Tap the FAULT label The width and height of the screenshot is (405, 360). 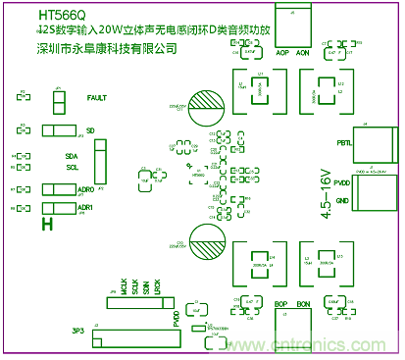pos(97,98)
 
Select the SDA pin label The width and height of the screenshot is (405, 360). pos(72,156)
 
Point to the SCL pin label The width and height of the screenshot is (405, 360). pos(72,167)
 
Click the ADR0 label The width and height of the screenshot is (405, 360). pos(85,188)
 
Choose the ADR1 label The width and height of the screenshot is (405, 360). pos(85,208)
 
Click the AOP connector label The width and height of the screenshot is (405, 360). pos(283,52)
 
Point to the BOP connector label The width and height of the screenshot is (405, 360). pos(281,304)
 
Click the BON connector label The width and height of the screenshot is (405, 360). pos(303,304)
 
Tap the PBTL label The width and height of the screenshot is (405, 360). pos(343,143)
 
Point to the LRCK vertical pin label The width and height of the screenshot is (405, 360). pos(158,288)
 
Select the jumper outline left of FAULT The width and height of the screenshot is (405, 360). pos(58,99)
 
